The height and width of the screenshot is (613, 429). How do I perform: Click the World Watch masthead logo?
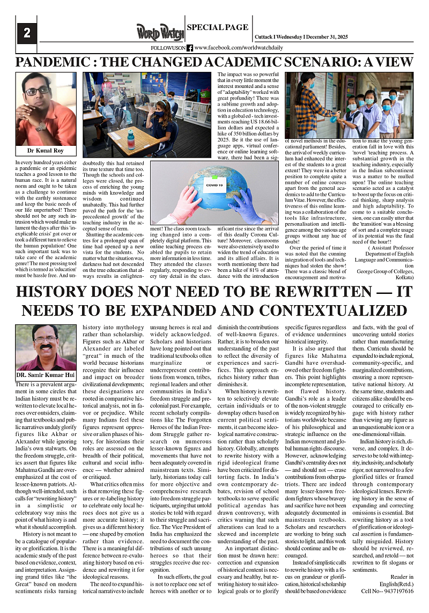159,32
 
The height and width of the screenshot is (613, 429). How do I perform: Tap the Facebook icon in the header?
190,48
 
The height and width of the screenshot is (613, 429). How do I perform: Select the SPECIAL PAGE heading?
217,27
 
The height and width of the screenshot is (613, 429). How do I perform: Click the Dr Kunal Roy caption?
49,151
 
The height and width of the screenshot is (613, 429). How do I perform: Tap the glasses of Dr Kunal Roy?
38,91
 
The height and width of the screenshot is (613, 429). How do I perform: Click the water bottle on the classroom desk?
130,139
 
